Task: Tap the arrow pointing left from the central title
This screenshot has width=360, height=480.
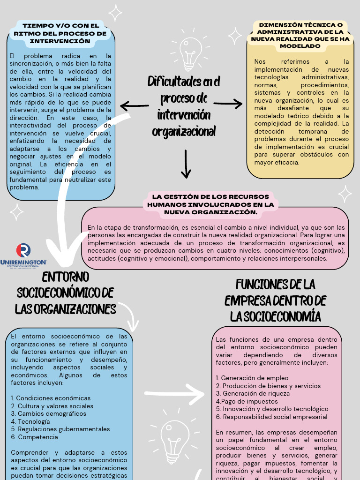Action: point(135,105)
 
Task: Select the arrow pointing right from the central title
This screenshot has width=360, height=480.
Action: point(228,104)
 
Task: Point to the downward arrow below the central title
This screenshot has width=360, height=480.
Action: point(186,164)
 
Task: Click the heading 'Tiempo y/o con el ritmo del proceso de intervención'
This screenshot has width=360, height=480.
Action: point(61,33)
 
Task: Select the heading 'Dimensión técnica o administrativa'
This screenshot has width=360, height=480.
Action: point(300,35)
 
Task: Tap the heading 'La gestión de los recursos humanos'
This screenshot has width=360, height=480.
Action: point(210,204)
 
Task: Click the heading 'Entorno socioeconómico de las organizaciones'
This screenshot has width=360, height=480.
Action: point(66,293)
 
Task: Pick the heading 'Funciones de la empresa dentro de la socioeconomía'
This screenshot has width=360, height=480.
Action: point(275,300)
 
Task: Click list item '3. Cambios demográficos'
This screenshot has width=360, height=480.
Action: point(49,414)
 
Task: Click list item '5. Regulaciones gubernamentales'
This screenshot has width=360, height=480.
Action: point(60,429)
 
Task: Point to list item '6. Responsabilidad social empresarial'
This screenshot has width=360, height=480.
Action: point(272,417)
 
